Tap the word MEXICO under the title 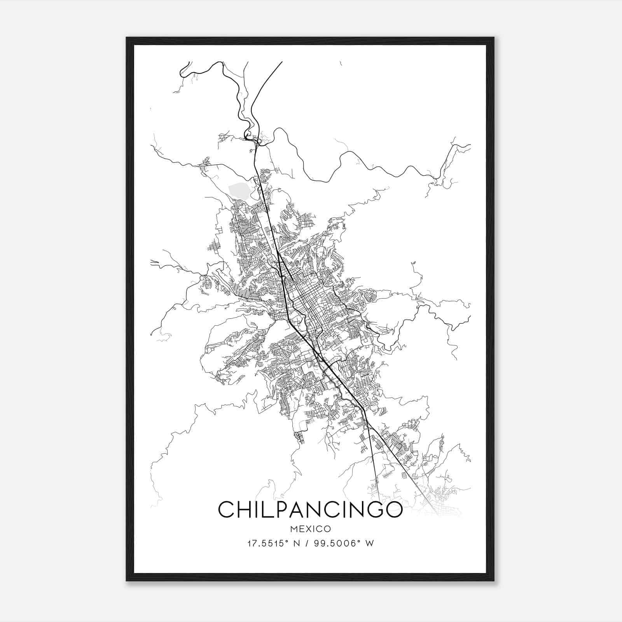(x=310, y=529)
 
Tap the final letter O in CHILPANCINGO (x=393, y=510)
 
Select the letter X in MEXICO (x=308, y=529)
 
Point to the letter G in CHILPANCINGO (x=374, y=510)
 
